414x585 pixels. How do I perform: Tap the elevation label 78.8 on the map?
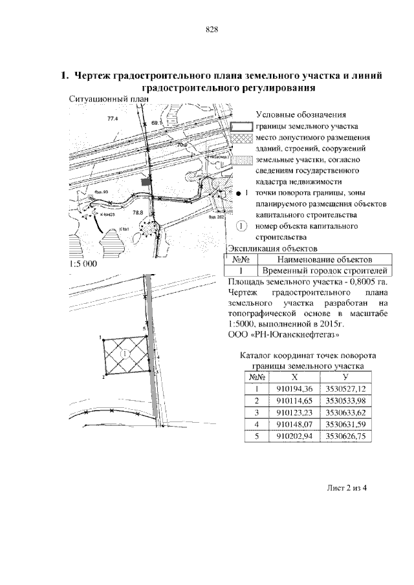[x=137, y=212]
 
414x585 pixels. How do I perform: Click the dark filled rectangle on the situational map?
[x=146, y=184]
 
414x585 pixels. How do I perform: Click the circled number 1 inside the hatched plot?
[x=125, y=353]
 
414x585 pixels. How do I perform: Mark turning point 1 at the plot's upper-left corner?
[x=102, y=337]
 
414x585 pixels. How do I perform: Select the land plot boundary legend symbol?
[x=241, y=126]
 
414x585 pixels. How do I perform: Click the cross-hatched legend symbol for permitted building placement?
[x=241, y=138]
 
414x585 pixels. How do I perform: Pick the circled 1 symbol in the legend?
[x=241, y=226]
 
